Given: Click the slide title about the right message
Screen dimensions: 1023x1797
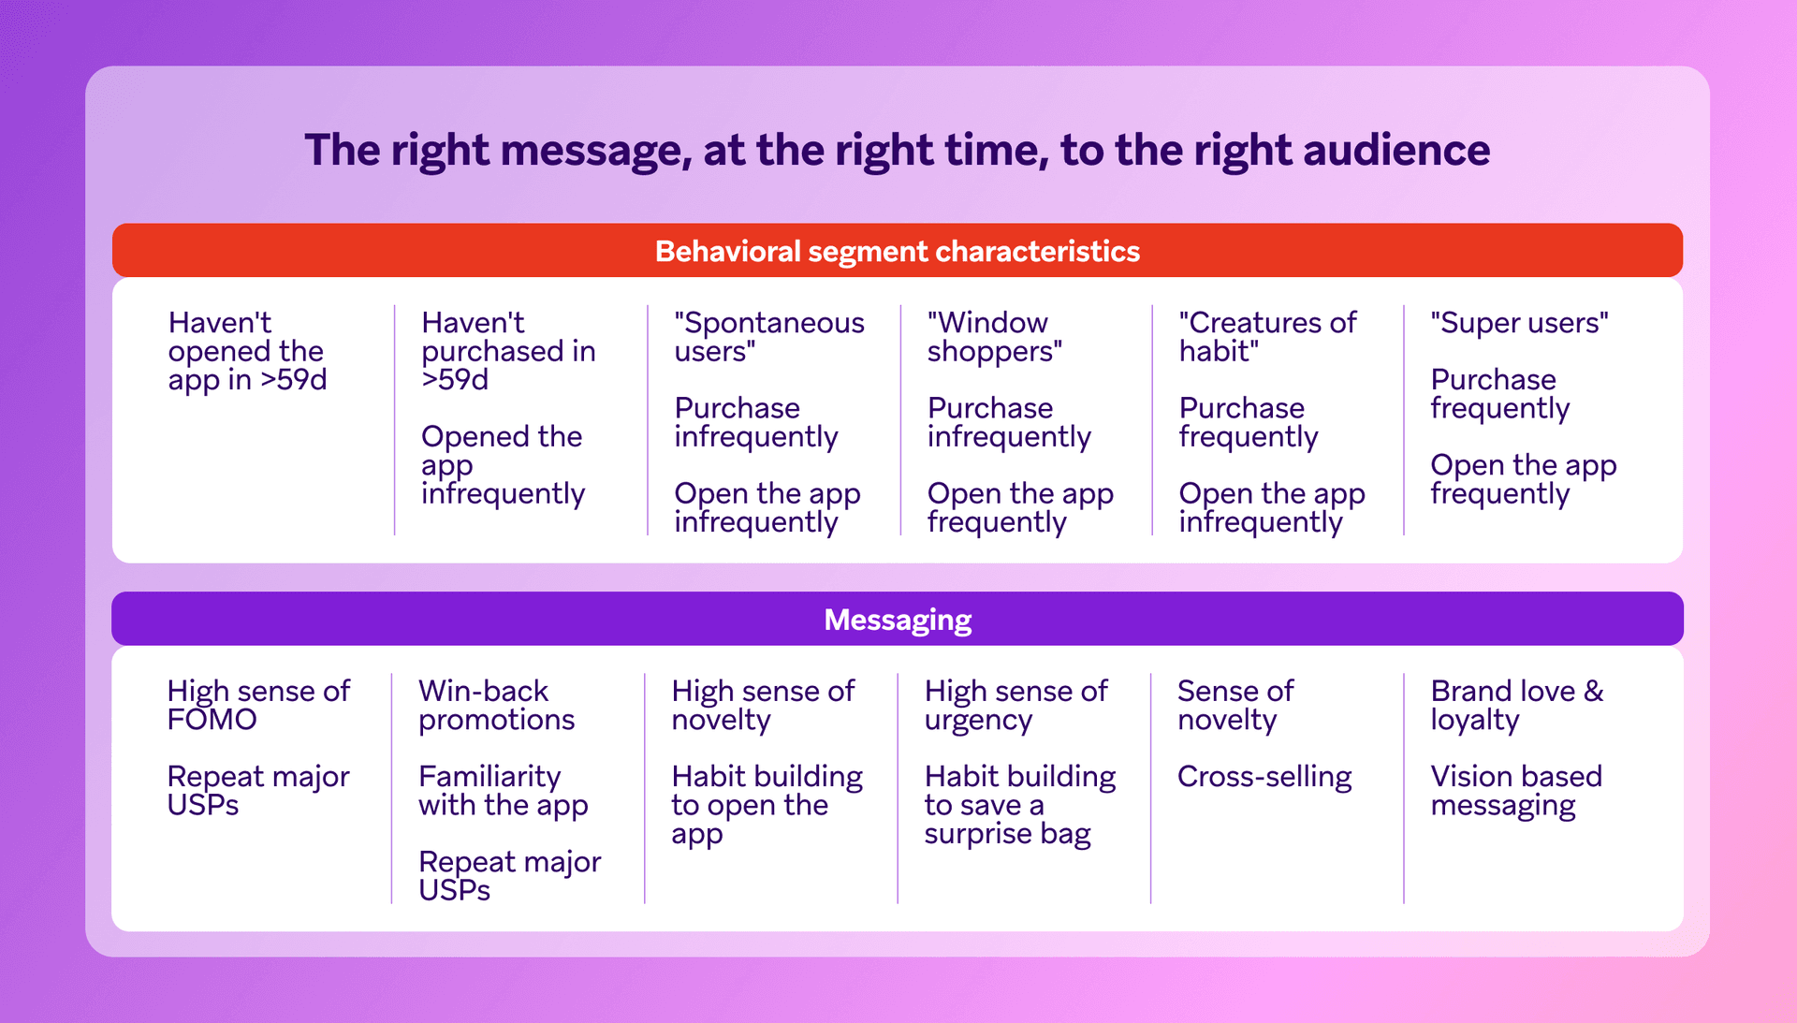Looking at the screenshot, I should [x=897, y=150].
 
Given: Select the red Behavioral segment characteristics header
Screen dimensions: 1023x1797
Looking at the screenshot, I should [x=897, y=251].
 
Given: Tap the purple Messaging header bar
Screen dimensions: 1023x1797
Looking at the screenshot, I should [x=897, y=620].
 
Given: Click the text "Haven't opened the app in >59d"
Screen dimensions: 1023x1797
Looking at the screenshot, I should [x=247, y=351].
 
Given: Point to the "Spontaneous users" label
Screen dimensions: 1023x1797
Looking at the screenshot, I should [x=768, y=337].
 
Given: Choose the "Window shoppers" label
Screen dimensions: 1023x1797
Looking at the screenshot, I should [x=994, y=337].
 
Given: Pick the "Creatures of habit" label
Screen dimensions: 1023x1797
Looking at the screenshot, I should [x=1266, y=337].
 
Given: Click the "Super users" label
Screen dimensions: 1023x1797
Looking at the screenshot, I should [x=1519, y=323].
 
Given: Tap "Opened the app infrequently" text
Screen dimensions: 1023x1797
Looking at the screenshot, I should [x=503, y=465].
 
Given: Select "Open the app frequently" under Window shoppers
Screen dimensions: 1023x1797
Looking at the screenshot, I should [x=1019, y=507].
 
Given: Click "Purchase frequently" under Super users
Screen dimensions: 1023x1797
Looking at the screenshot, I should [x=1499, y=394].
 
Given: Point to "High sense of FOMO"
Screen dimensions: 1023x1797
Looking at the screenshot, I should [x=257, y=705].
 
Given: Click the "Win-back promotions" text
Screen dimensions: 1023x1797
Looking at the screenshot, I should [x=496, y=705].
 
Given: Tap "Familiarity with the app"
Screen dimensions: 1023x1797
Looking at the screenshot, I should [x=503, y=791].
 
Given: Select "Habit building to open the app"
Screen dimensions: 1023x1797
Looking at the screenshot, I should [x=766, y=805].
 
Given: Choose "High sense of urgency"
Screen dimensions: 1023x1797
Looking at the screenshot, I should [x=1015, y=705].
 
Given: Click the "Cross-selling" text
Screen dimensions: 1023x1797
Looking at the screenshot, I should [x=1264, y=777].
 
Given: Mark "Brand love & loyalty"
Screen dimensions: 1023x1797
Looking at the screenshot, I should [x=1516, y=705].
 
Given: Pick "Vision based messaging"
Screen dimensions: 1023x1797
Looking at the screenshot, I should [x=1515, y=791].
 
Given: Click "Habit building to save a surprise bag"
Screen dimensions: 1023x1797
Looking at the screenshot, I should [x=1019, y=805].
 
